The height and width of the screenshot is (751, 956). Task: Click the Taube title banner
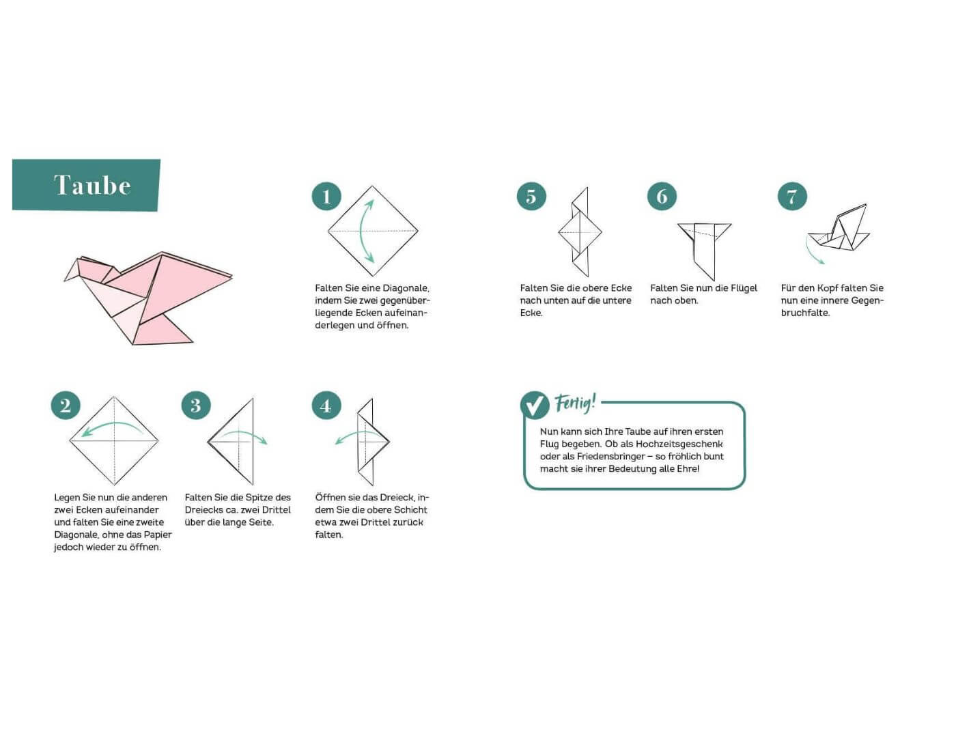click(86, 185)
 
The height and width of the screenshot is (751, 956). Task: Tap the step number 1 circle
click(326, 196)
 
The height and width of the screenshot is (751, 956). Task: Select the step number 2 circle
click(66, 406)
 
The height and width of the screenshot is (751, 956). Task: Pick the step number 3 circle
click(196, 406)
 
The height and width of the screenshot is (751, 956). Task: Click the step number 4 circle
click(326, 406)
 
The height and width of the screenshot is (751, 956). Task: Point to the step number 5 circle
click(531, 196)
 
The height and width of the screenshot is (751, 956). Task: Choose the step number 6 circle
click(662, 196)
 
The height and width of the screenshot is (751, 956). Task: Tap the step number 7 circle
click(792, 196)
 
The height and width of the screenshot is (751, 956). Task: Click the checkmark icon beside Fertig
click(535, 405)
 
